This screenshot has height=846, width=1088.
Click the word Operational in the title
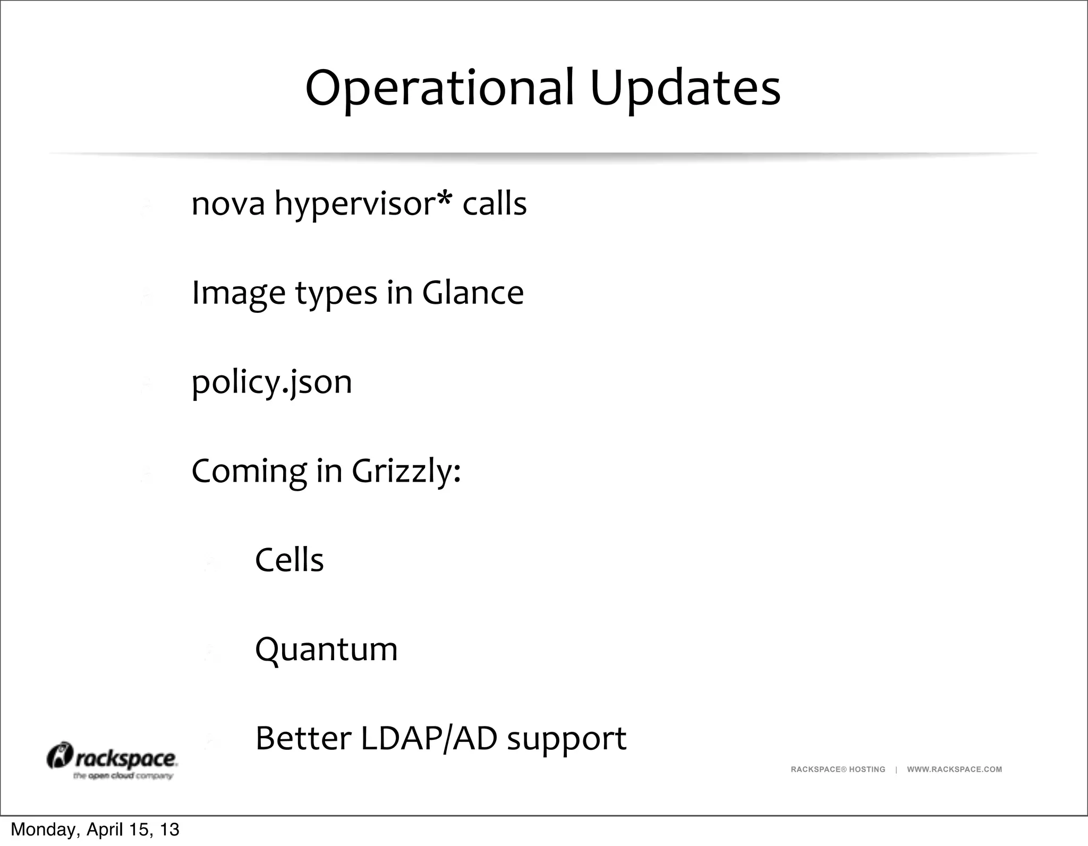[x=440, y=89]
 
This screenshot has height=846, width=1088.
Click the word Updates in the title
[x=685, y=89]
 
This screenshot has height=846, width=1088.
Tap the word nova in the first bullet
[x=228, y=204]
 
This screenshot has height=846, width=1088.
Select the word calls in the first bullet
[x=494, y=204]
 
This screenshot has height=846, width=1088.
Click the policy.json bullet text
[x=271, y=382]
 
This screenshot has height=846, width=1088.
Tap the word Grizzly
[x=406, y=472]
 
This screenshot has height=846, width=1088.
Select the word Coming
[x=249, y=472]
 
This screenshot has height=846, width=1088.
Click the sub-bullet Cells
[x=289, y=560]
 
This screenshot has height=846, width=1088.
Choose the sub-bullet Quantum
[x=326, y=650]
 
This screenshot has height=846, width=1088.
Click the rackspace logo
[x=112, y=758]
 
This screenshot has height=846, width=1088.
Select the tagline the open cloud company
[x=123, y=776]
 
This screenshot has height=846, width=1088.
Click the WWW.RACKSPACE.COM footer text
[x=954, y=770]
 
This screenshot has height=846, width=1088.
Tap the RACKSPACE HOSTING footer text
[x=838, y=770]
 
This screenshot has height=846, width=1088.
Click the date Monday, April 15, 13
[x=95, y=830]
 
